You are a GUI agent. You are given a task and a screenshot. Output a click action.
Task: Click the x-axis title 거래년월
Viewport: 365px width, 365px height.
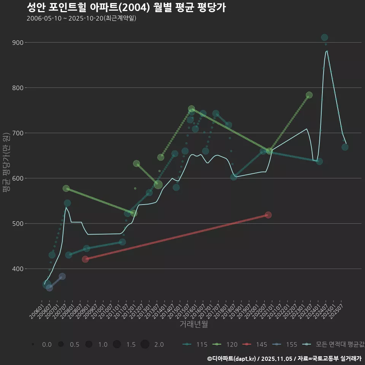(194, 324)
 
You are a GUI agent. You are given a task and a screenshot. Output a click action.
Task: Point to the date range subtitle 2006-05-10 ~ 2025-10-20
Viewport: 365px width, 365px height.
(81, 18)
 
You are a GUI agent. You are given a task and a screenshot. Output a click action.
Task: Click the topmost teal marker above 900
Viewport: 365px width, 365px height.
(324, 37)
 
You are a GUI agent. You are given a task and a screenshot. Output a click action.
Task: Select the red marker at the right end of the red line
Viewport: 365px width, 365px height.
(268, 215)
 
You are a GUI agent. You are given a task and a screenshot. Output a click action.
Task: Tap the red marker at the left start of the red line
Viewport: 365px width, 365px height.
(85, 259)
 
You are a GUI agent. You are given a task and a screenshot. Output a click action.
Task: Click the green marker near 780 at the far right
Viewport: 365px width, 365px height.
(309, 95)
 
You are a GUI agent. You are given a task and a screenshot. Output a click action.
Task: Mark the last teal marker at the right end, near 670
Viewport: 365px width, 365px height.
(345, 147)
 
